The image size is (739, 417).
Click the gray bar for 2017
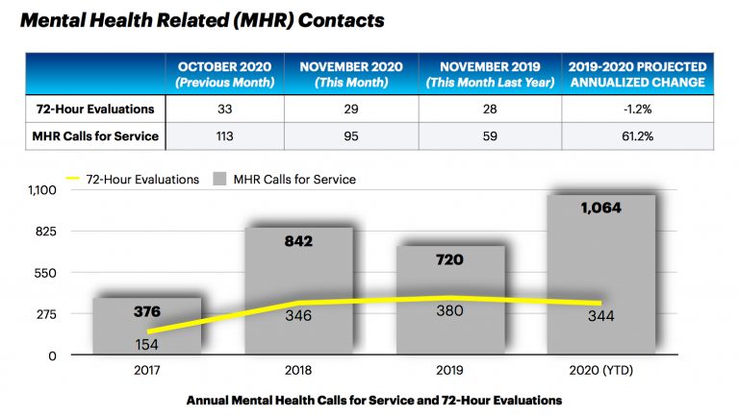146,327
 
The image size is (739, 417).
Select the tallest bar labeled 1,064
602,274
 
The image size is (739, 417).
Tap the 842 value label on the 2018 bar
299,241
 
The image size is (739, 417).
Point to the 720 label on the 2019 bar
450,259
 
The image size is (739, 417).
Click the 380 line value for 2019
450,310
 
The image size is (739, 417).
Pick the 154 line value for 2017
147,343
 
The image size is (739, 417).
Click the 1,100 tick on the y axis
43,189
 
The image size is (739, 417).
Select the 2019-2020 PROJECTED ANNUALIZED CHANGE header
638,74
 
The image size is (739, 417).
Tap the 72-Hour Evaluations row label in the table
94,110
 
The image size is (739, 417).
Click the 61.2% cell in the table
638,136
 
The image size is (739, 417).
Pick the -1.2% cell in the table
638,110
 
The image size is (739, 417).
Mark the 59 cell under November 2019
494,136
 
